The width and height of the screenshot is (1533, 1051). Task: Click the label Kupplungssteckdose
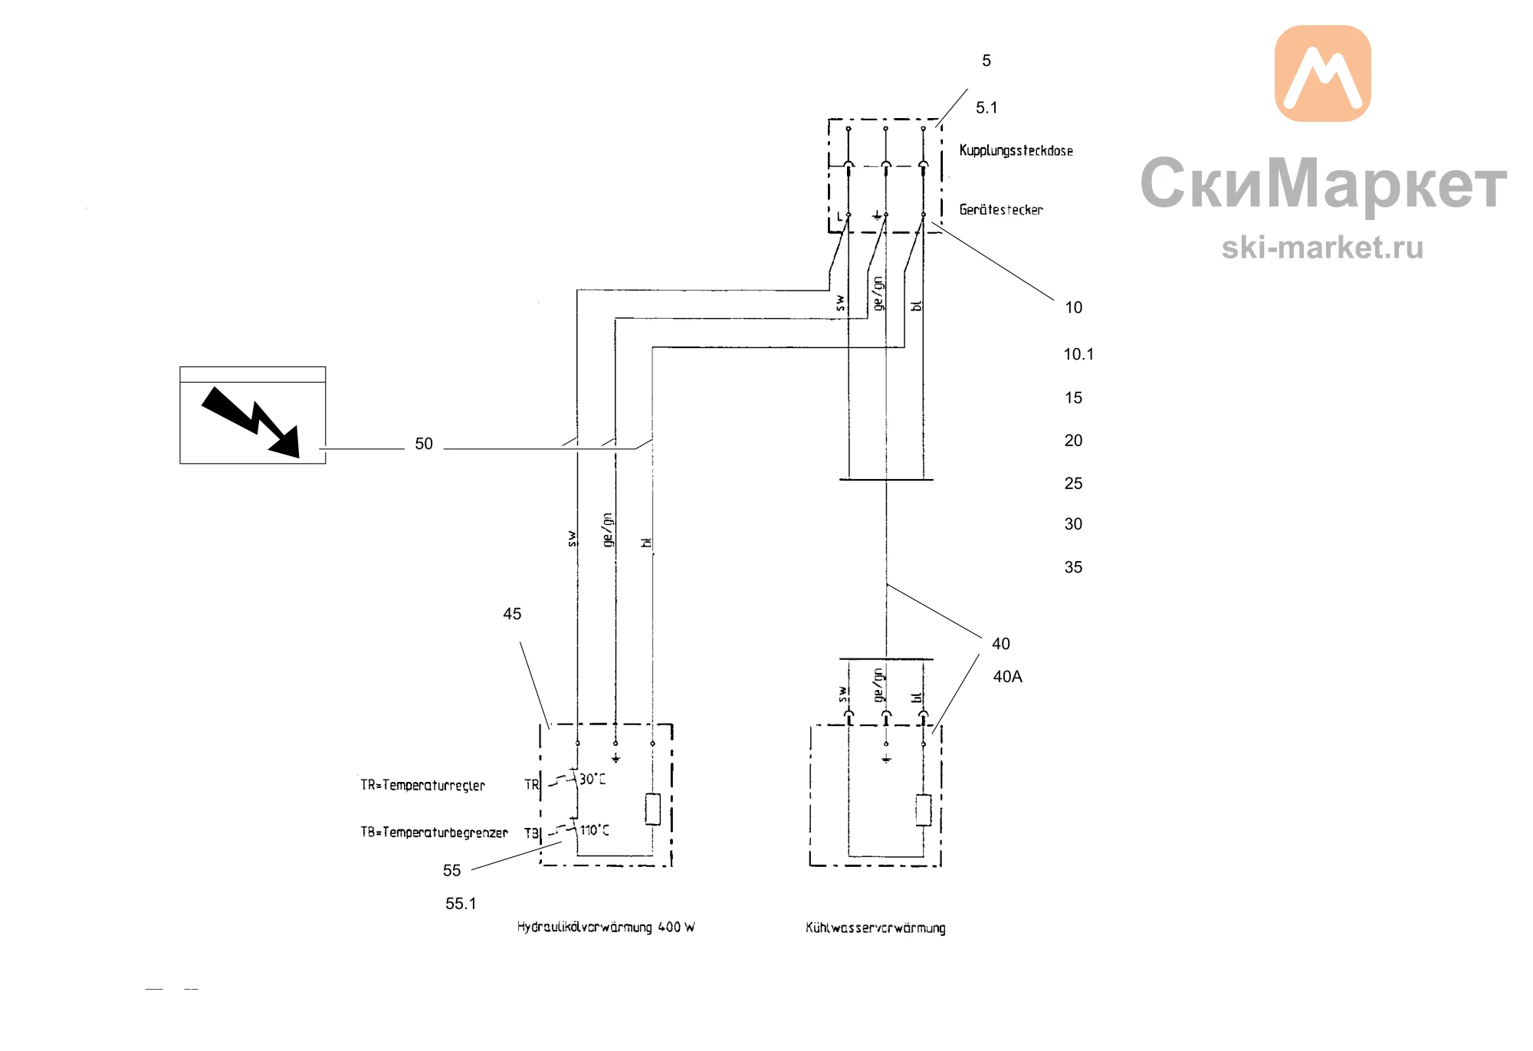(x=1016, y=150)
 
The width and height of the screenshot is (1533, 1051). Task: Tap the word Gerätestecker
(x=1001, y=209)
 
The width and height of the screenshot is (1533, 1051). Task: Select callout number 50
(x=424, y=444)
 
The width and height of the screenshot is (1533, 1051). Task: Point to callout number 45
(x=512, y=614)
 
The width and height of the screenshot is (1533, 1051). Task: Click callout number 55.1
(x=461, y=904)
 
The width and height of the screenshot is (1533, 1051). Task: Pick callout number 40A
(x=1007, y=677)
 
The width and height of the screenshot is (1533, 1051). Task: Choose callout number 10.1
(x=1078, y=354)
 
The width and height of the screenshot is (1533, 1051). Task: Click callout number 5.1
(x=986, y=108)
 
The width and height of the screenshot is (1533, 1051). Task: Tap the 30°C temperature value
(x=593, y=779)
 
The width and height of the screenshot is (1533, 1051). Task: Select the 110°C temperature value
(x=595, y=830)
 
